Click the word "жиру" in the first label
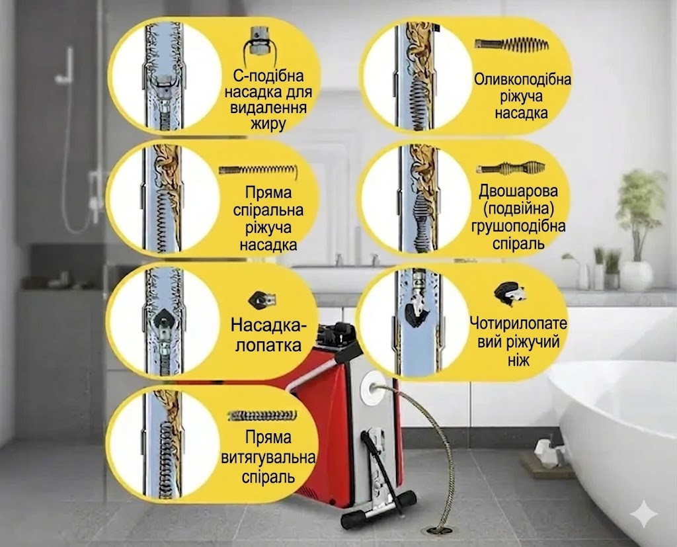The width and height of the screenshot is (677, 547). [268, 124]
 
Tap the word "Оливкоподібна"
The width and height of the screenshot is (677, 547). [522, 79]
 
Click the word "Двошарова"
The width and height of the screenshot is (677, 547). [518, 190]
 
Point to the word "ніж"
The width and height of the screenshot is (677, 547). [518, 360]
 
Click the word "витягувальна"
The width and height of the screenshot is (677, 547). [268, 458]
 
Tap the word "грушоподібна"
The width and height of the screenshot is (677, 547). [518, 226]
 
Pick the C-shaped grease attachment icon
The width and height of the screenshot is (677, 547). [259, 42]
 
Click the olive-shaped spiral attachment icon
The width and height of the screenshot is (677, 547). [512, 44]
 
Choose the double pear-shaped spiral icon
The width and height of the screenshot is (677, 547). [511, 167]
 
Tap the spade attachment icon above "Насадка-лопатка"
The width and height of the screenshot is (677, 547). [262, 299]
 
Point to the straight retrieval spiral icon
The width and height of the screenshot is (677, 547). [262, 415]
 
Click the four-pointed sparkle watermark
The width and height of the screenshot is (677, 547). [644, 513]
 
